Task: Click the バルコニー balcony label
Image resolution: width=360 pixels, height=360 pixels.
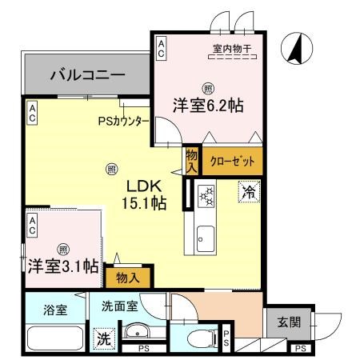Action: coord(87,77)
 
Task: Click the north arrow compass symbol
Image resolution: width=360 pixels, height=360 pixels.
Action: coord(294,50)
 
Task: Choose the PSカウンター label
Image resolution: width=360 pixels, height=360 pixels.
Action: coord(122,122)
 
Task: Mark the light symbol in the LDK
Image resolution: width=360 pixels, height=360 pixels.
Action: coord(111,168)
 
